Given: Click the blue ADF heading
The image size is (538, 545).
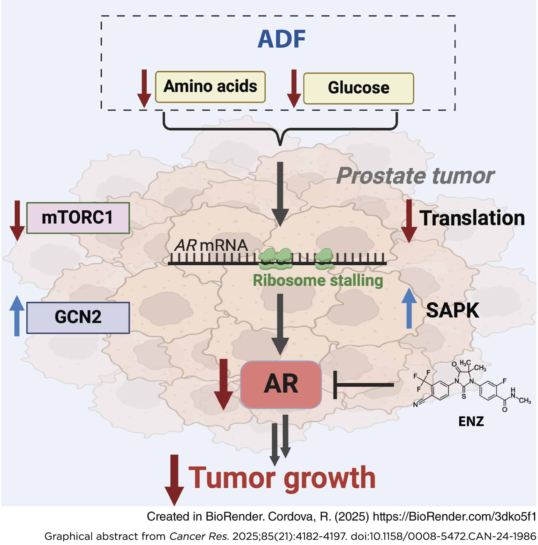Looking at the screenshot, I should pos(282,39).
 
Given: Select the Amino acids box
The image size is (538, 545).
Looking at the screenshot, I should pos(210,87).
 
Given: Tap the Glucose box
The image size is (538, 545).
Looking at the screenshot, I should pos(358,88).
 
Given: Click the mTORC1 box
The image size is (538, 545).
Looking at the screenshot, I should pos(78,218).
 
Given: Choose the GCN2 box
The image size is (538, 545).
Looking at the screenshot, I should pos(78,317).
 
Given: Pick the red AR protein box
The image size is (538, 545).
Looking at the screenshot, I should pos(281,384).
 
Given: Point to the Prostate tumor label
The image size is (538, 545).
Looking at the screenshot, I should pos(415,176).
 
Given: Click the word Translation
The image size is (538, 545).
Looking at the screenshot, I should pos(472,218).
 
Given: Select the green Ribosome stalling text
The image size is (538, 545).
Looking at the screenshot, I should pos(318,281).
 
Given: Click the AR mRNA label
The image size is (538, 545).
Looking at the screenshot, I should pos(211,246).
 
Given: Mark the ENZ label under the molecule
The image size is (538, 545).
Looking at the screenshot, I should pos(471,421).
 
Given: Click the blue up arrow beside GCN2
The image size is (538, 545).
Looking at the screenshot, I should pos(17,316).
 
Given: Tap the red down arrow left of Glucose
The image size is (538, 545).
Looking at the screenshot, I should pos(294,88).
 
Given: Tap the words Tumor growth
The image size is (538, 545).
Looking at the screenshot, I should pos(282,477).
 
